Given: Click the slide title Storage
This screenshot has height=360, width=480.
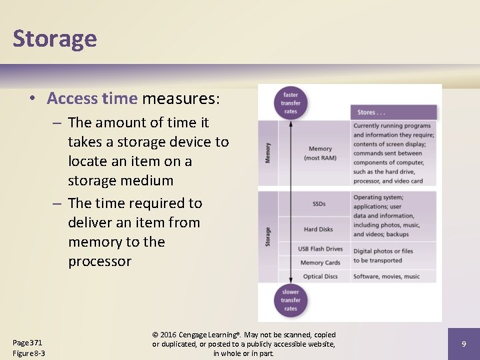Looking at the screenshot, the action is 55,38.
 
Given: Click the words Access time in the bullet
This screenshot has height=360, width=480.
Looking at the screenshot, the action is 92,99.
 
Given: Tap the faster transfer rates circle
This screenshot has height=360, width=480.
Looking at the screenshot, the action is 290,103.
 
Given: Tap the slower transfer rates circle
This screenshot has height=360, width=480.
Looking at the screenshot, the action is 290,300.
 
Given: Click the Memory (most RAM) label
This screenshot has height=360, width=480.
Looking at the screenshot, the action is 320,153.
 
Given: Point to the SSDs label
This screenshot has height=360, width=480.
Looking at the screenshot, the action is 319,203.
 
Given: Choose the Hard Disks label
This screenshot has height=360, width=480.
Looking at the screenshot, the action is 319,229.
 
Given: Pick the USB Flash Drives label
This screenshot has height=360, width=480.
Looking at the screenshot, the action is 320,249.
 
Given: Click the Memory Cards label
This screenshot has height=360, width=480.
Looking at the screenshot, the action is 320,263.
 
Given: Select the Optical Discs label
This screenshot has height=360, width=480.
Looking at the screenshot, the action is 321,276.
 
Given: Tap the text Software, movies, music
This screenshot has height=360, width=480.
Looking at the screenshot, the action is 387,276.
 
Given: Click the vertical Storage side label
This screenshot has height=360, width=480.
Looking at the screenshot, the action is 267,237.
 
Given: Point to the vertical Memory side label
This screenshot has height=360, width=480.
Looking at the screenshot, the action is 267,153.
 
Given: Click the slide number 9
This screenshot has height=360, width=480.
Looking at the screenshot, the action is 463,343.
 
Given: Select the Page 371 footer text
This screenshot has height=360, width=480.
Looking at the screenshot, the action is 27,342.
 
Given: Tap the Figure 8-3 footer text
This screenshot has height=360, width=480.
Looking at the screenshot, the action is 29,353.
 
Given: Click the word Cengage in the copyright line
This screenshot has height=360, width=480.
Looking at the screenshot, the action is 198,335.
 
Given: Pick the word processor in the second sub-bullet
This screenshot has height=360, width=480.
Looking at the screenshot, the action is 99,261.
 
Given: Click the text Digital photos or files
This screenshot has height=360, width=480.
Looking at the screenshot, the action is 383,251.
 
